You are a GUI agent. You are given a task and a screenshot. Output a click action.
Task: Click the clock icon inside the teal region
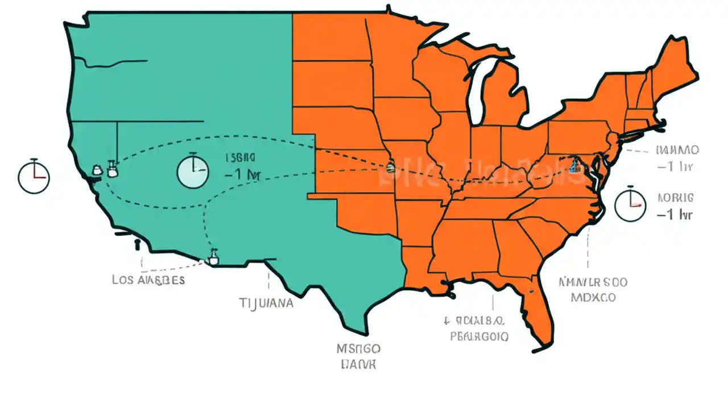[x=193, y=171]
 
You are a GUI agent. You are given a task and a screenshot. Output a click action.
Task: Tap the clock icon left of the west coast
[x=34, y=176]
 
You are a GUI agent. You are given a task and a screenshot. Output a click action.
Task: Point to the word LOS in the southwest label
[x=123, y=280]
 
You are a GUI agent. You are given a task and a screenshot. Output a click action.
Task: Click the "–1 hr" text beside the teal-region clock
[x=242, y=175]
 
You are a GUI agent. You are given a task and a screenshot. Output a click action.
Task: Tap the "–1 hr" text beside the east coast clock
[x=675, y=215]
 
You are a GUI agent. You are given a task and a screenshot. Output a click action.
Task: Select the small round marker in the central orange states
[x=390, y=168]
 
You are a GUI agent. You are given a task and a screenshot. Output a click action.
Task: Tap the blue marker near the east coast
[x=573, y=166]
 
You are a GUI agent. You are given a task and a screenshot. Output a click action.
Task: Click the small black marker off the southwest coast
[x=136, y=245]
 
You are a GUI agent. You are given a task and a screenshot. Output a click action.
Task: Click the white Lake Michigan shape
[x=474, y=91]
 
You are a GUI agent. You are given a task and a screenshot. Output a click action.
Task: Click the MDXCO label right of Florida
[x=593, y=297]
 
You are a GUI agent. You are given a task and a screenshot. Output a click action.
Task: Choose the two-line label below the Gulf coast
[x=478, y=328]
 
